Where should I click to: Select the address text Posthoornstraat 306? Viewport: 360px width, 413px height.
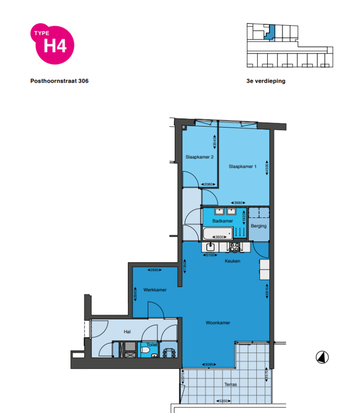59,81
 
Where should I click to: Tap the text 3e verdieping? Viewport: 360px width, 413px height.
266,81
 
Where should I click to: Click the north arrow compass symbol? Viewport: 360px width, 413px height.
322,357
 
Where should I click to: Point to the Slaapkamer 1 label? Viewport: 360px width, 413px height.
242,166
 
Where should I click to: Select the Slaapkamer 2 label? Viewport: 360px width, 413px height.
200,157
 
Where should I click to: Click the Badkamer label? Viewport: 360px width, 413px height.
222,220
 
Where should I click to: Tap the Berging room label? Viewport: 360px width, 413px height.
258,226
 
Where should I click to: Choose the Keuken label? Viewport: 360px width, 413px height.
232,261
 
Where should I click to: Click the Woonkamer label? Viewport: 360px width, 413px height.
218,323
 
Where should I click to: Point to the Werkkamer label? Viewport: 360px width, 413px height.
155,290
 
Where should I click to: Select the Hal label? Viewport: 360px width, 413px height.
127,331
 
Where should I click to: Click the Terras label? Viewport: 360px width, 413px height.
231,384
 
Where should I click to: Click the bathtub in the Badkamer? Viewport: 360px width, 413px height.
217,233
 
